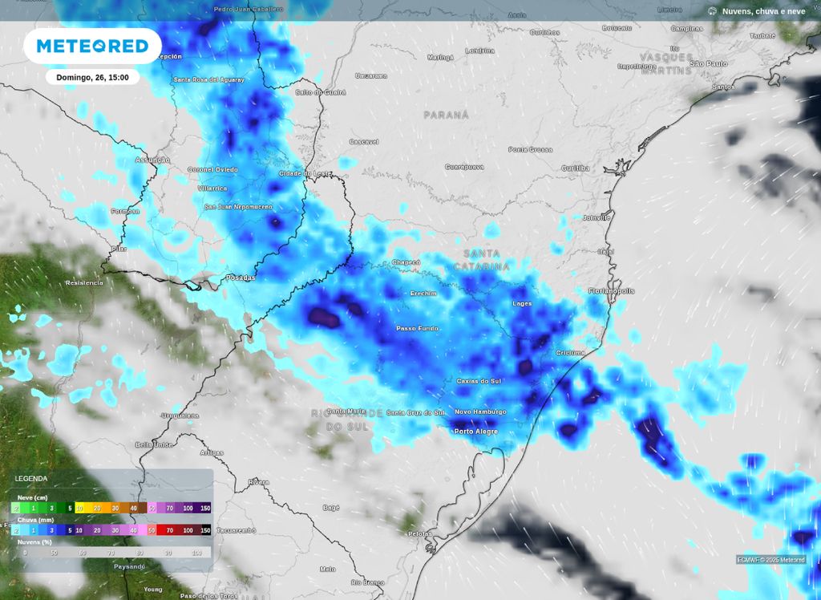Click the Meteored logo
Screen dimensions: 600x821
click(92, 46)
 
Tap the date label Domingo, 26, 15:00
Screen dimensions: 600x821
click(92, 78)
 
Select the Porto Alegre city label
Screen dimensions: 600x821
click(475, 432)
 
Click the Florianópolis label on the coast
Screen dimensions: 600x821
click(611, 290)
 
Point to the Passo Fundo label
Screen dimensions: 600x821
click(418, 329)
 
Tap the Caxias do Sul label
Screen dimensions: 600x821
click(478, 381)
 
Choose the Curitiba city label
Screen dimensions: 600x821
click(575, 168)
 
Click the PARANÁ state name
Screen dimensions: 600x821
click(447, 115)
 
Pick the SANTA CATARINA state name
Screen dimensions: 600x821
click(482, 259)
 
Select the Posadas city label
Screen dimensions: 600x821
click(241, 278)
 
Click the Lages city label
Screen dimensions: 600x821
click(522, 303)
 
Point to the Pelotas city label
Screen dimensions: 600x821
click(419, 533)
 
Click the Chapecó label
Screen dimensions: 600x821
click(406, 262)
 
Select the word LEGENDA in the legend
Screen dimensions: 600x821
click(31, 479)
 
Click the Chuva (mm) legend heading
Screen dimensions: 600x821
click(33, 520)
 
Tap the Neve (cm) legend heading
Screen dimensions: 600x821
click(32, 497)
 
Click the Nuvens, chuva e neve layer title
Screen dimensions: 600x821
click(763, 11)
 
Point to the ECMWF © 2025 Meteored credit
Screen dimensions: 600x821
click(771, 560)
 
